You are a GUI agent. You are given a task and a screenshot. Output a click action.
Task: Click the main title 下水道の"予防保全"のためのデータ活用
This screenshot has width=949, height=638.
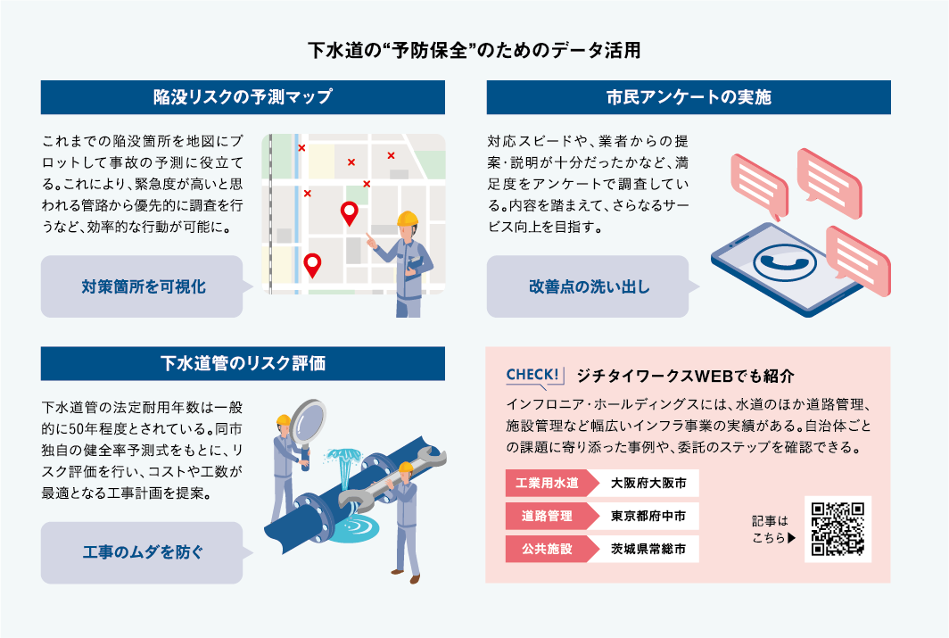tap(474, 50)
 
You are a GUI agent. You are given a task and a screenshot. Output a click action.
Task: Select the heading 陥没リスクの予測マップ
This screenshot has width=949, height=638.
tap(243, 97)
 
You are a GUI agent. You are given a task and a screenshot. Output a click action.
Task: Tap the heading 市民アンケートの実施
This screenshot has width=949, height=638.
tap(688, 97)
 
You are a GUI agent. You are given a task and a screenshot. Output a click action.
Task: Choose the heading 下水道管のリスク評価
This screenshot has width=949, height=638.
tap(243, 363)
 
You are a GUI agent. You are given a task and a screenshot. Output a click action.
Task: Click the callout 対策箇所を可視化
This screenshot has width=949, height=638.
tap(143, 287)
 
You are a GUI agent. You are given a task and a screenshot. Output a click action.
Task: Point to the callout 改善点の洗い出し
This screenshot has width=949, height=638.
tap(589, 287)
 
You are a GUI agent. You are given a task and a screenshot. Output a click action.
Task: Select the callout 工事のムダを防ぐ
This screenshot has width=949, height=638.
tap(143, 553)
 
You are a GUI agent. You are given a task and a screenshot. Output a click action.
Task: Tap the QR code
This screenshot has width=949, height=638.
tap(838, 529)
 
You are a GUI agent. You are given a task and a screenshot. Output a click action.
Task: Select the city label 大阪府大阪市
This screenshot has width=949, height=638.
tap(648, 484)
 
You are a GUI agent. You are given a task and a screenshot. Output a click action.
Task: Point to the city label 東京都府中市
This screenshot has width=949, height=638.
tap(648, 516)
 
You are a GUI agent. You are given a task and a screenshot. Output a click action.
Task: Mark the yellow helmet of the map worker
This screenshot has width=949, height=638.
tap(408, 219)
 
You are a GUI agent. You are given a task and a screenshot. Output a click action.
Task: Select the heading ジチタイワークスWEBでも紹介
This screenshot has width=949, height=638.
tap(685, 375)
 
